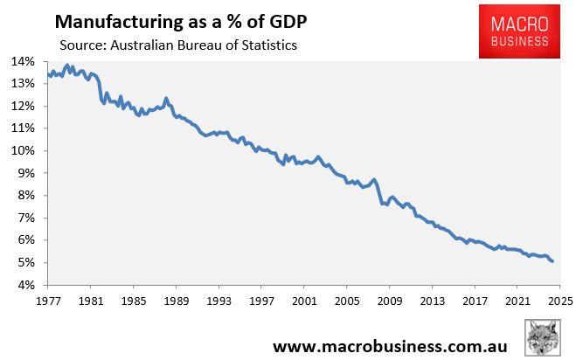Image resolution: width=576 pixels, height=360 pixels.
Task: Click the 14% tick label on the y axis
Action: tap(23, 61)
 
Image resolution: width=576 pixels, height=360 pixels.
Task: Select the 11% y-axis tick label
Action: tap(23, 128)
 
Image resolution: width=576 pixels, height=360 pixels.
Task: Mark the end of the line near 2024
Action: tap(552, 261)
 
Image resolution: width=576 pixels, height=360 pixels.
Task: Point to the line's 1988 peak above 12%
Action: tap(165, 99)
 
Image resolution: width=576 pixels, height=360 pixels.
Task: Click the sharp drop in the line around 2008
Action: tap(379, 194)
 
